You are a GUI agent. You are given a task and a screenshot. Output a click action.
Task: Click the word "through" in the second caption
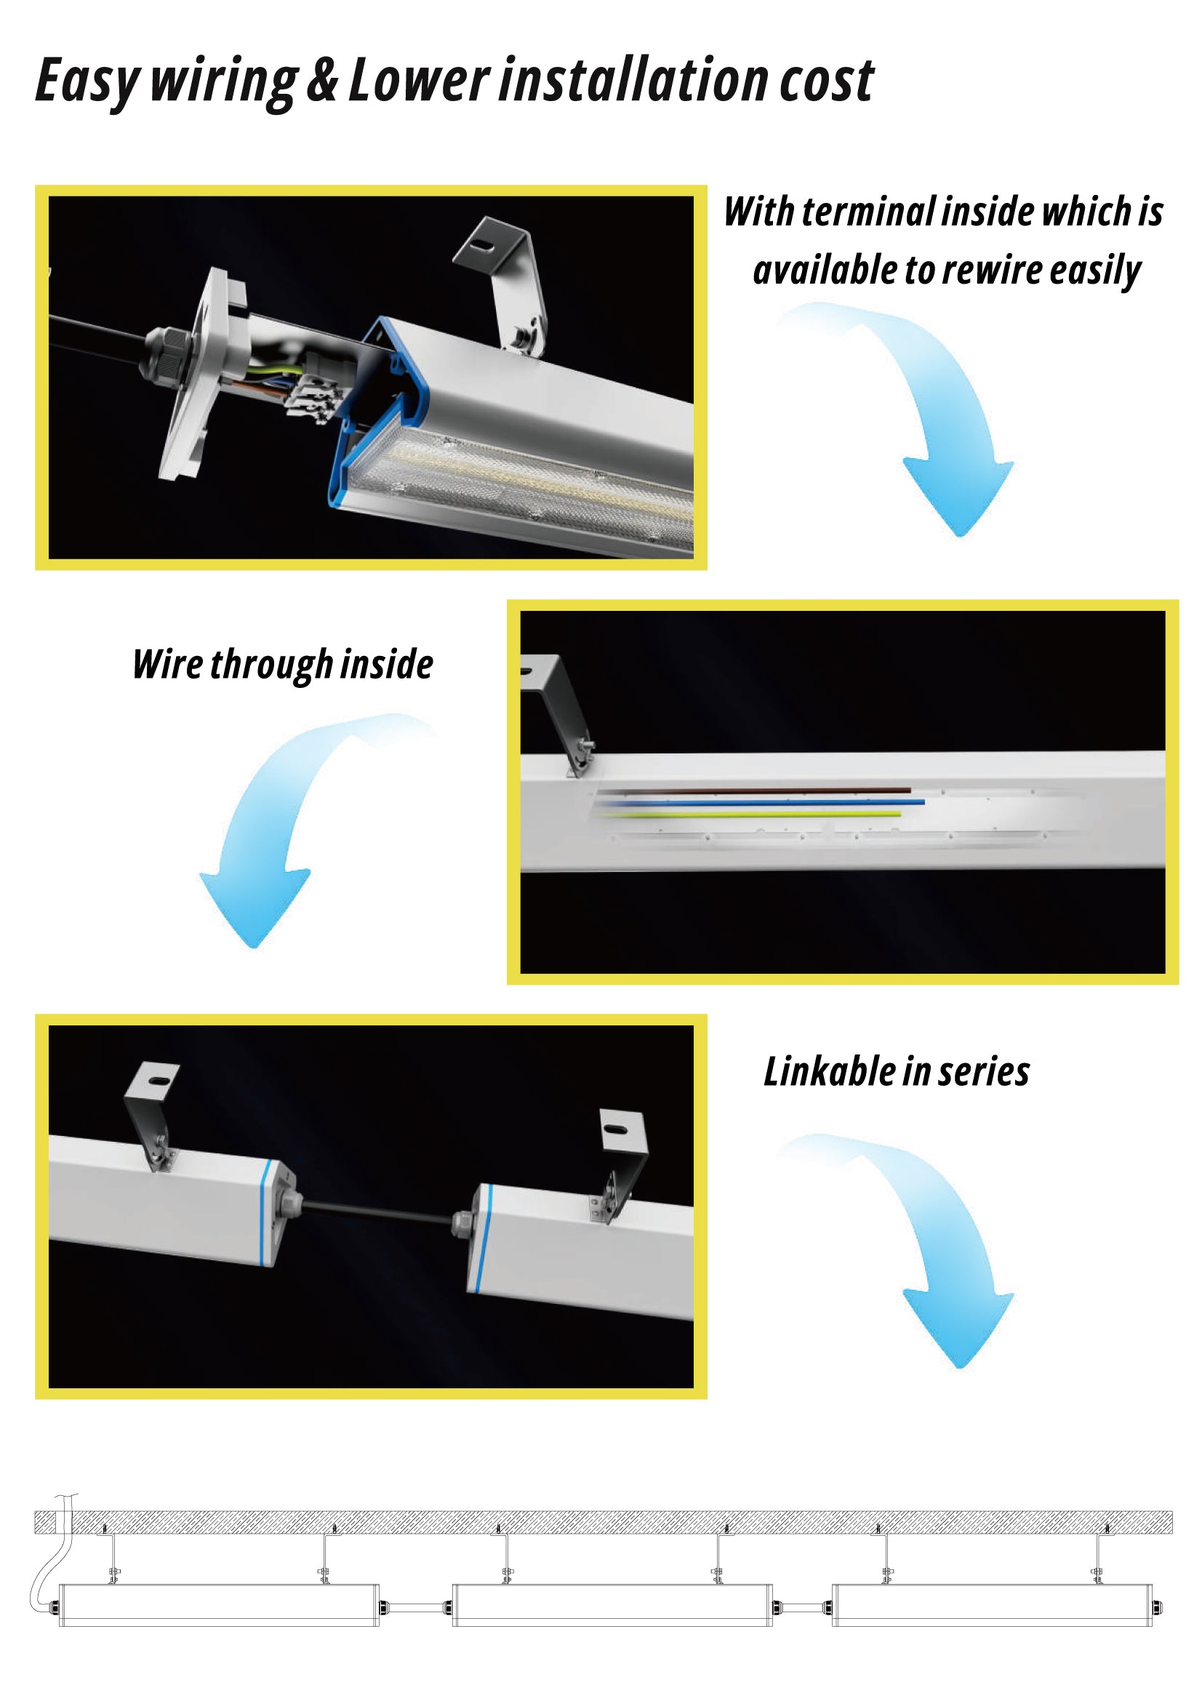(272, 665)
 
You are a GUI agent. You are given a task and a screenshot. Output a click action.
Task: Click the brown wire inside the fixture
(753, 791)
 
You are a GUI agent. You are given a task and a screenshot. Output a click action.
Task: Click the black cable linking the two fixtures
(376, 1212)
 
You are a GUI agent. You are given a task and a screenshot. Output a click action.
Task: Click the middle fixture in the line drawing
(612, 1606)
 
